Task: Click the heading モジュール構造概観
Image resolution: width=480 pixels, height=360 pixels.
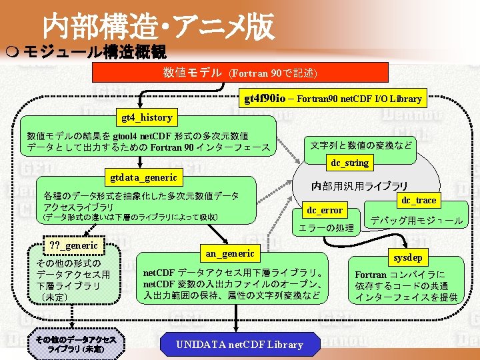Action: (94, 52)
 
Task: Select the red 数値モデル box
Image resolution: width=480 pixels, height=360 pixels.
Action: (239, 72)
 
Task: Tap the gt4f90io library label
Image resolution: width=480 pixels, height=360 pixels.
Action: (333, 99)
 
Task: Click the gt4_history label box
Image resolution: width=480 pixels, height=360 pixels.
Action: (147, 117)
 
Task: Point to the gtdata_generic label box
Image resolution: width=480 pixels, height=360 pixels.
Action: (144, 177)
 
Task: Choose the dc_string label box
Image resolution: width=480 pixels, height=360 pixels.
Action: (350, 163)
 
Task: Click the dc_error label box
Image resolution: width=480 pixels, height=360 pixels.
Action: (325, 210)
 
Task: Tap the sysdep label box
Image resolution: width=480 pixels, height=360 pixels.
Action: (408, 257)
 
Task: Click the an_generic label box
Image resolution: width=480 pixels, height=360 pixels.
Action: (230, 253)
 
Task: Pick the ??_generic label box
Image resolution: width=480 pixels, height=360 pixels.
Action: (73, 245)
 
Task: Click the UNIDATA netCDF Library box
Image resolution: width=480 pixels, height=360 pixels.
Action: (239, 345)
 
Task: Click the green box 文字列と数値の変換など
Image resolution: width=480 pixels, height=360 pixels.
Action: (361, 144)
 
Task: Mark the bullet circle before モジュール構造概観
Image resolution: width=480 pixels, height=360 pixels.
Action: (14, 53)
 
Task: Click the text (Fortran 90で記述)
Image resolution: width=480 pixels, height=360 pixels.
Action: (273, 73)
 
